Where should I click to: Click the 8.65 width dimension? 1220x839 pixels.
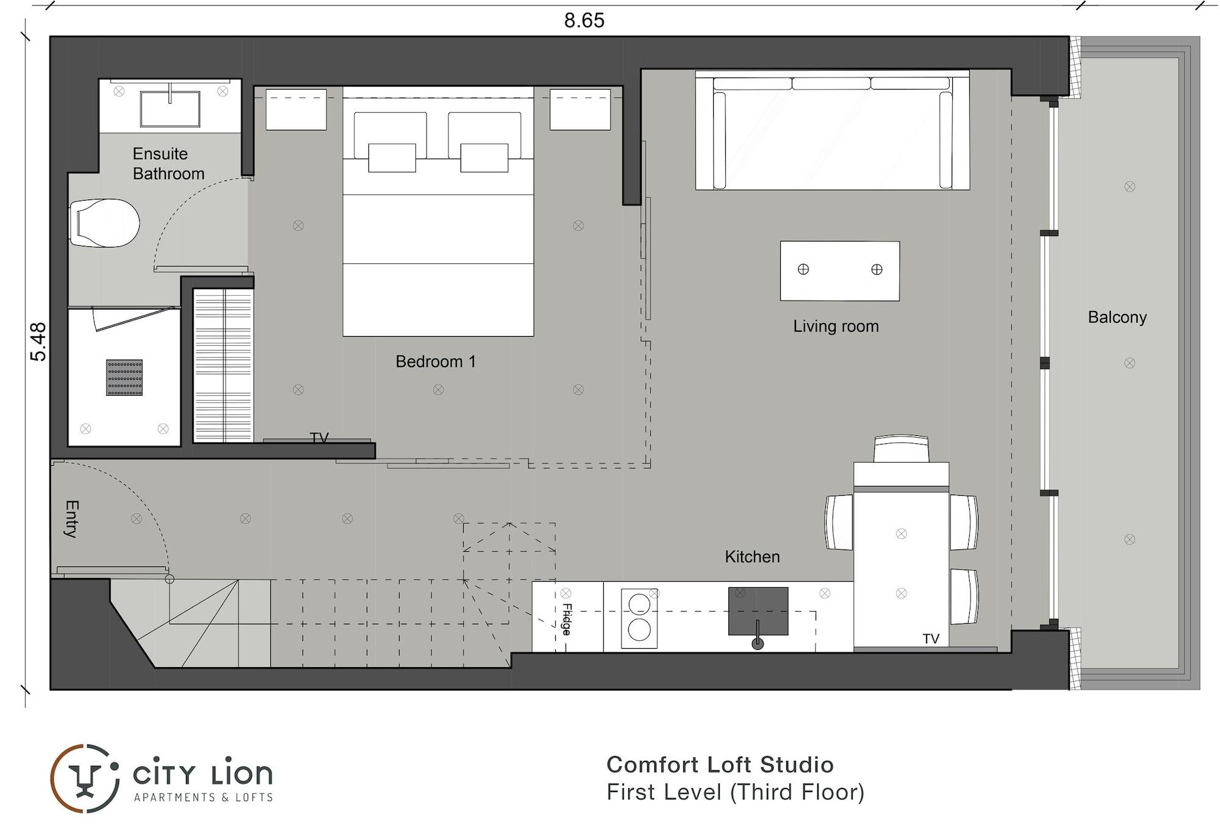584,20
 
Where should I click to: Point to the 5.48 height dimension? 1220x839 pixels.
38,341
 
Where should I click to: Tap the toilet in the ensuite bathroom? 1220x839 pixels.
104,223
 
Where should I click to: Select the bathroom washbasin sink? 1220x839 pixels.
170,109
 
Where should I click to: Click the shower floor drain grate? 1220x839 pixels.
124,377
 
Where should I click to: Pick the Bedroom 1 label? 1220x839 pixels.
435,362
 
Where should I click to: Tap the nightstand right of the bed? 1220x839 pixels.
580,110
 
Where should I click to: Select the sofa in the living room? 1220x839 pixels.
832,130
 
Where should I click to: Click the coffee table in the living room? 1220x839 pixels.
839,271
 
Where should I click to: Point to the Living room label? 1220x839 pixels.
836,326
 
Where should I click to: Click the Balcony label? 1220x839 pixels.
1117,317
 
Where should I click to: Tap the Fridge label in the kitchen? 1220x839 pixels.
567,619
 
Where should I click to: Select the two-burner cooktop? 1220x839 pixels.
639,618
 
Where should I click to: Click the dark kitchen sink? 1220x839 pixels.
758,611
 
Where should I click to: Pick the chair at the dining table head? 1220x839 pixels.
901,449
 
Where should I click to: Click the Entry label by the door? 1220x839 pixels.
71,519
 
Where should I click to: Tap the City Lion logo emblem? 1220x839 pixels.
85,779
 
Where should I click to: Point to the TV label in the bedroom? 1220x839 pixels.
319,437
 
